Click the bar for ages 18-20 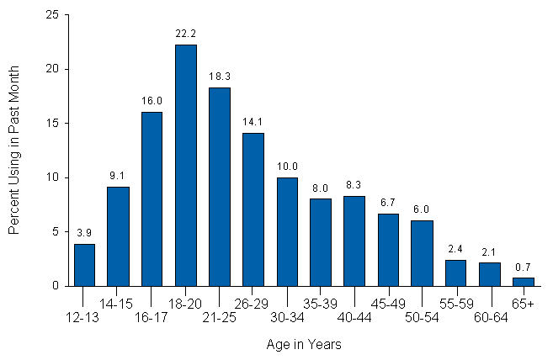click(x=185, y=165)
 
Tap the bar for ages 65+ click(x=523, y=281)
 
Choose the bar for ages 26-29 click(x=253, y=209)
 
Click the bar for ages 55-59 click(x=455, y=273)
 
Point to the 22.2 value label click(x=185, y=33)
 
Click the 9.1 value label click(x=118, y=175)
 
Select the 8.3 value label click(x=354, y=184)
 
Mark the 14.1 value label click(x=253, y=121)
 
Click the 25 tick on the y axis click(x=52, y=15)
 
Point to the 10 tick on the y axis click(x=52, y=177)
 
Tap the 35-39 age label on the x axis click(x=321, y=302)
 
